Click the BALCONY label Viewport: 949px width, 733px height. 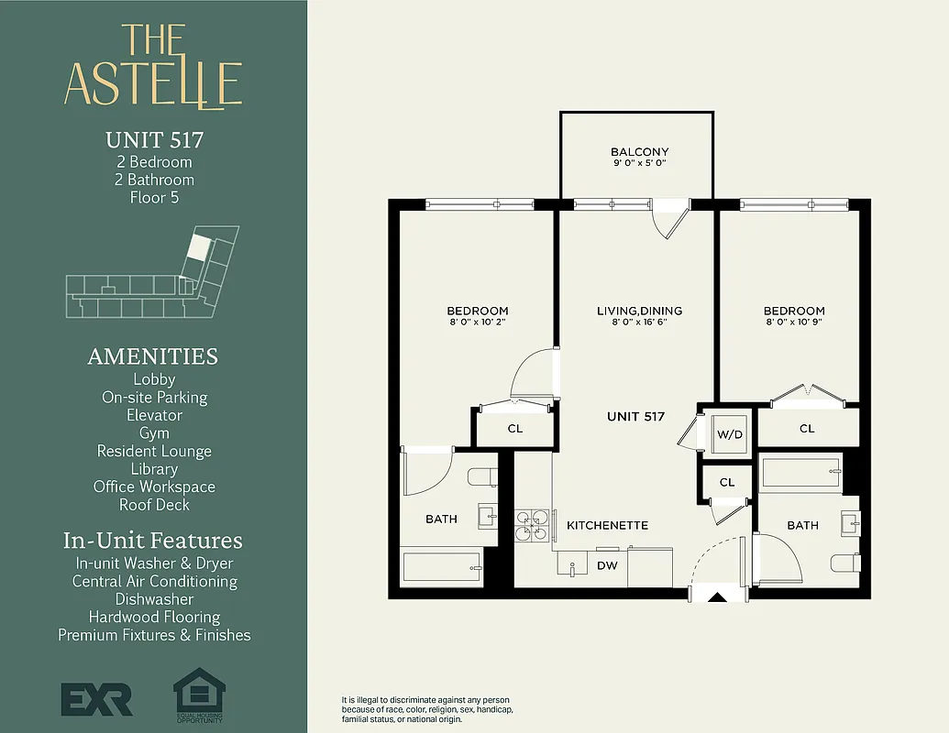639,152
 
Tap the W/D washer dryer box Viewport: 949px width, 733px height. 729,434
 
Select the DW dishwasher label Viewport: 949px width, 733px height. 607,566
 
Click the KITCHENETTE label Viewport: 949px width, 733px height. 607,526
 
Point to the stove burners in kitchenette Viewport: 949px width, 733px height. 531,527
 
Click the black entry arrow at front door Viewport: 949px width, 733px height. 718,597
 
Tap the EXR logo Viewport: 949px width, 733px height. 96,698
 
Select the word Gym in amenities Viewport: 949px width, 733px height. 154,433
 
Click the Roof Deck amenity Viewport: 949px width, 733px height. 154,505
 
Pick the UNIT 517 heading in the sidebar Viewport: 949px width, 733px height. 154,140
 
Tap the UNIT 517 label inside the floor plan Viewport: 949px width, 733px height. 635,417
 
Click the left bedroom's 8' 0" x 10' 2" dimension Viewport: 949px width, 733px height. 477,323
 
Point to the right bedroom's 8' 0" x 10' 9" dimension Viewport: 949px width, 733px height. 794,323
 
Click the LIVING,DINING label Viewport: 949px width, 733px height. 639,312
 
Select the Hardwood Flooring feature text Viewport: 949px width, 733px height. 154,617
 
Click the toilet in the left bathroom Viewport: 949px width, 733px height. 481,477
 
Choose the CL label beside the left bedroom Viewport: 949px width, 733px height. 514,428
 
